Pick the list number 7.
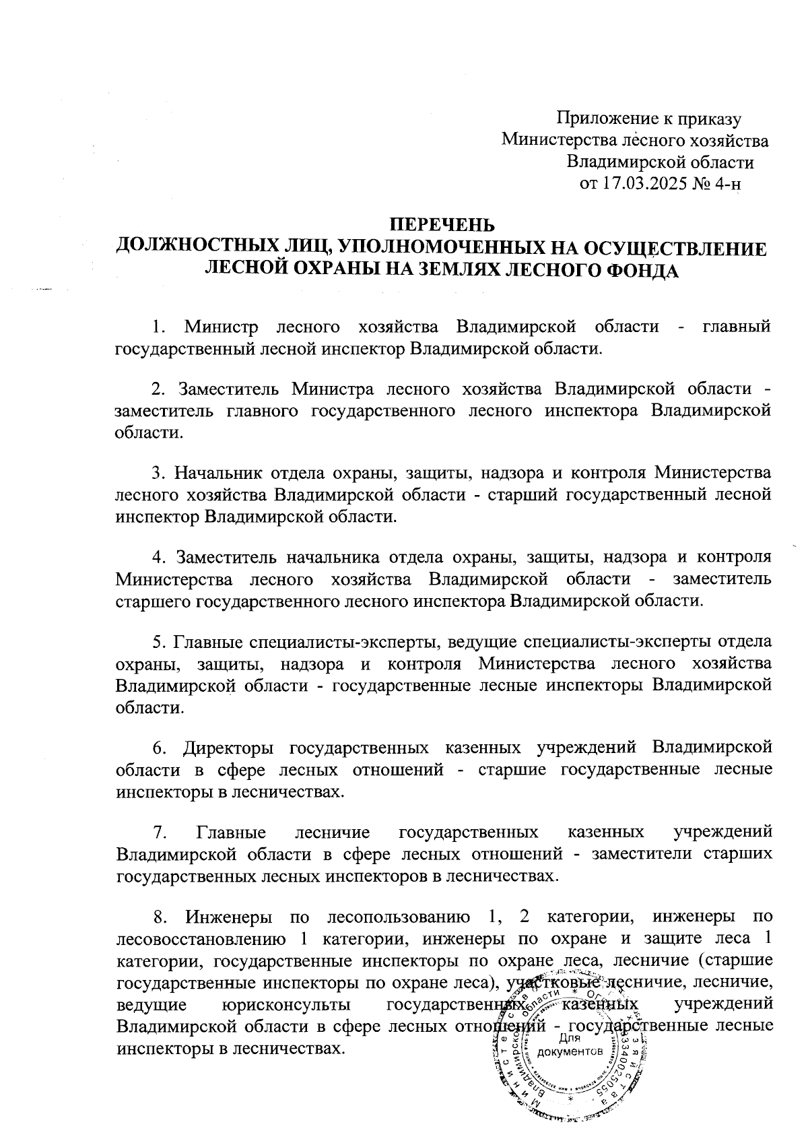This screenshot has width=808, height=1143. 159,832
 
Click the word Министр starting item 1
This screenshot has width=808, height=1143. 222,327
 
